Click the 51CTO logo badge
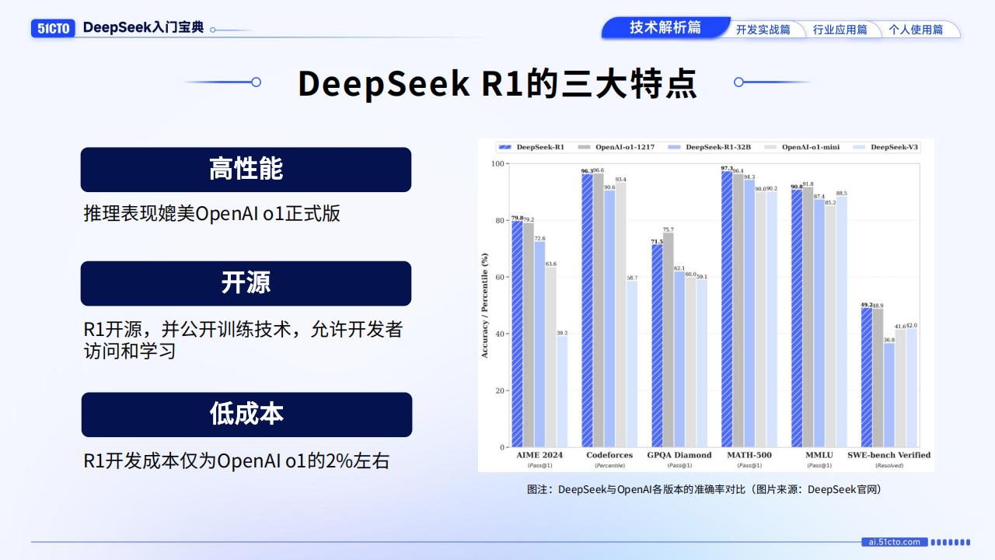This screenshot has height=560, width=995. (x=53, y=28)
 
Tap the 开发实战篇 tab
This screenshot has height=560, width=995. (x=763, y=30)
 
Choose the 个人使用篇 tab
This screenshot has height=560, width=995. (x=916, y=30)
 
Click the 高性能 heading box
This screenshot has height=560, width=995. (x=246, y=170)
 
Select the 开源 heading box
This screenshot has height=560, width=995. (x=246, y=283)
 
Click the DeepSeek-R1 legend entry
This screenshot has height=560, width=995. (x=532, y=147)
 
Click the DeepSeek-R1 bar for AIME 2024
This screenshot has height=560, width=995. (x=517, y=334)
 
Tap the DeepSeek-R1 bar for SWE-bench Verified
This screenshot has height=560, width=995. (x=866, y=377)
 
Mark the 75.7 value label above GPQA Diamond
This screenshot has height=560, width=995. (x=668, y=229)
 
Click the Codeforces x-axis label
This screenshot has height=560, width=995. (x=609, y=455)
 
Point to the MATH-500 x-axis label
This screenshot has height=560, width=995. (x=749, y=455)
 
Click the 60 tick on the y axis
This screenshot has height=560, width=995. (x=498, y=277)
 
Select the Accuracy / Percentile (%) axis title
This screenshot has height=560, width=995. (x=485, y=305)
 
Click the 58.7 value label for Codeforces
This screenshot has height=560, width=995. (x=631, y=278)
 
